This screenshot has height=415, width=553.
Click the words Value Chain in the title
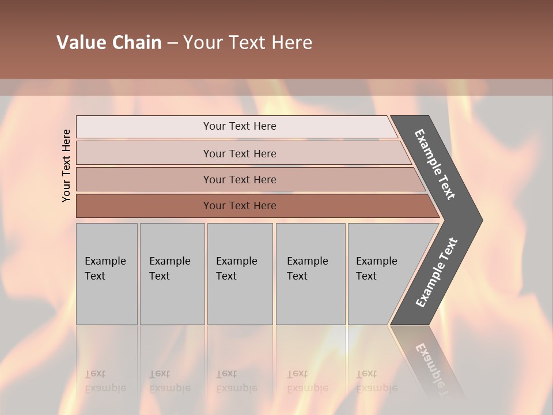coord(109,43)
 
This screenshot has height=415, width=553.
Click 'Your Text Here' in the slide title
coord(248,43)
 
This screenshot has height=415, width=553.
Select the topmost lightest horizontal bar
coord(144,127)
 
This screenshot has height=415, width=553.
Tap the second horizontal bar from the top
coord(144,153)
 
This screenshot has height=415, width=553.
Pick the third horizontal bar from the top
coord(144,179)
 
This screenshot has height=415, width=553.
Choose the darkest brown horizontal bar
coord(144,206)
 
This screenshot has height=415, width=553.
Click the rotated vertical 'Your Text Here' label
coord(67,165)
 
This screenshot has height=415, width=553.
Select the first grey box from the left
coord(107,274)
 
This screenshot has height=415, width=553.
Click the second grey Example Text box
coord(172,274)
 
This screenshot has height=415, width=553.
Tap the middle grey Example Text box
coord(240,274)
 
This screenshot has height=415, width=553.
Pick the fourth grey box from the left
coord(310,274)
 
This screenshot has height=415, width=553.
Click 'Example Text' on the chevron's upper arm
coord(435,164)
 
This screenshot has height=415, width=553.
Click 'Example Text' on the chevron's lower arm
coord(436,273)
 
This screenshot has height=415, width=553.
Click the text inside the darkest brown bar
coord(240,206)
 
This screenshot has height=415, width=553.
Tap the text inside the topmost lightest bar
coord(240,126)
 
